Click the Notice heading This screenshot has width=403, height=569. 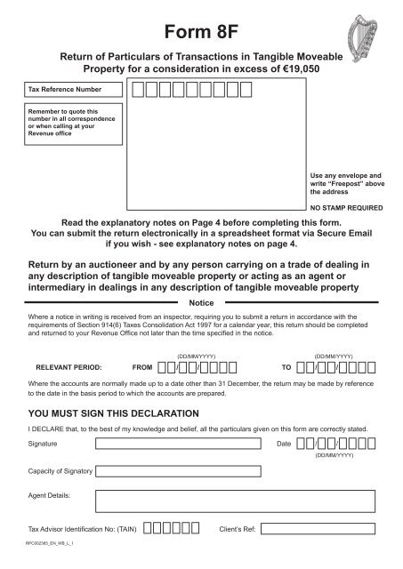(x=201, y=302)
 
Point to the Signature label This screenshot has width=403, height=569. (x=44, y=443)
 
